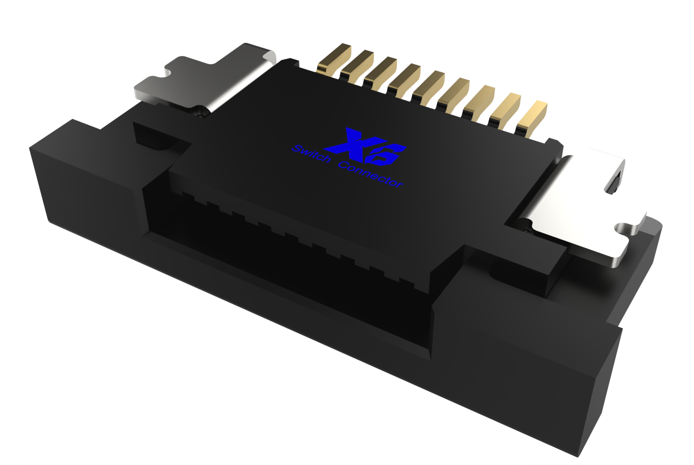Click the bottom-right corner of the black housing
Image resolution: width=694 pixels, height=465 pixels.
tap(579, 455)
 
